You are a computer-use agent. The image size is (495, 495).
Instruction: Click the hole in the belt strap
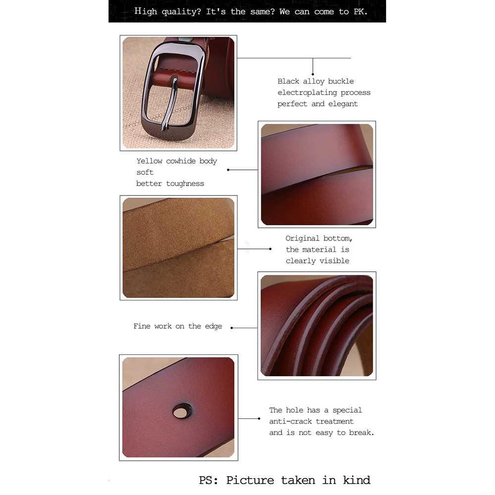182,410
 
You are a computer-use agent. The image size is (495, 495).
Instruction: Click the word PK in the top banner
359,11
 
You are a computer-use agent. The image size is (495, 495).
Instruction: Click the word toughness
185,184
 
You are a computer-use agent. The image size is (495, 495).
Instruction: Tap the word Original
302,238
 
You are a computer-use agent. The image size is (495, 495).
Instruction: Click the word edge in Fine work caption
213,326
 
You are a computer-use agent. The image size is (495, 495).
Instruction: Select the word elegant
343,104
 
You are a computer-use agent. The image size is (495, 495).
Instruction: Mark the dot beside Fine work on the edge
231,328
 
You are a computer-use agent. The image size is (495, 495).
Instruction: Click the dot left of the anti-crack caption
259,419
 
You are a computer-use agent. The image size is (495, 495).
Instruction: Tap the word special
347,410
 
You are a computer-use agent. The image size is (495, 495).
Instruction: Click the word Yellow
149,161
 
